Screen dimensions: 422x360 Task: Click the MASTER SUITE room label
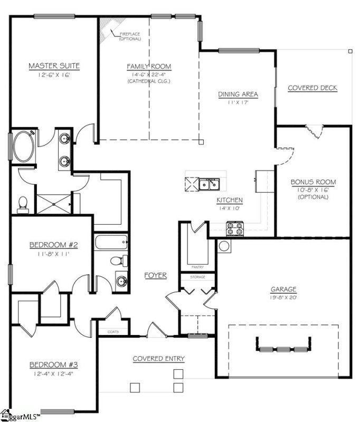(54, 66)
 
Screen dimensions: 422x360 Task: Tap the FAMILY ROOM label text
(149, 66)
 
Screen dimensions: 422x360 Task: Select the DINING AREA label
(238, 94)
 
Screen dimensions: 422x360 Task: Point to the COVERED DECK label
(312, 88)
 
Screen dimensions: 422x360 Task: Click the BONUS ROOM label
(313, 183)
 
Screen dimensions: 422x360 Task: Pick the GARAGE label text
(283, 289)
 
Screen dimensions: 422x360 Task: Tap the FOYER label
(156, 275)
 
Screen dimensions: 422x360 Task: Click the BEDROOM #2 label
(53, 245)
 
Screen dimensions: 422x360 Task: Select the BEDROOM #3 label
(53, 365)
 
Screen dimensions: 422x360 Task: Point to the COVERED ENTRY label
(158, 359)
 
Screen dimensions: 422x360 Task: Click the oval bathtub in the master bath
(23, 148)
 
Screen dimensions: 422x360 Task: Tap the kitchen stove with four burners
(234, 228)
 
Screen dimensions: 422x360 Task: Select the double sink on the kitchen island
(209, 184)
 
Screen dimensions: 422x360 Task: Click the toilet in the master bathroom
(23, 204)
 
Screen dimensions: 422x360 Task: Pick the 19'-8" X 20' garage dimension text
(283, 297)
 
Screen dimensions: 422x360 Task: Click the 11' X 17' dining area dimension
(238, 102)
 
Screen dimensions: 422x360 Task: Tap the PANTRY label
(198, 267)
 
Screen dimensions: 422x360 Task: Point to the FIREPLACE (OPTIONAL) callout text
(129, 36)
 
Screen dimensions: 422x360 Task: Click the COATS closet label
(113, 332)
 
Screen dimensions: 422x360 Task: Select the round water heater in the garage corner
(224, 246)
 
